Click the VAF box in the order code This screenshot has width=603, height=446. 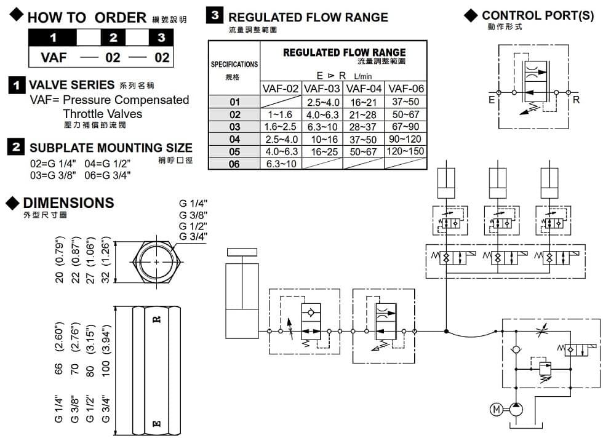tap(53, 58)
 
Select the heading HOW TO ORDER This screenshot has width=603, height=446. tap(86, 18)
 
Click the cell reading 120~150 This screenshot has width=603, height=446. tap(405, 151)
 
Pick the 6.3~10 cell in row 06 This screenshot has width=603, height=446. tap(281, 164)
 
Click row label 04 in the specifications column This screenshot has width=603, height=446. tap(234, 139)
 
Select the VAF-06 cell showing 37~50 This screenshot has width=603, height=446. tap(405, 102)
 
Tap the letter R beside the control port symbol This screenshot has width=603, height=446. tap(576, 99)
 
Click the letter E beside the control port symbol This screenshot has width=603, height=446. tap(493, 99)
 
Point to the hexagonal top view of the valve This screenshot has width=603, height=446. tap(157, 263)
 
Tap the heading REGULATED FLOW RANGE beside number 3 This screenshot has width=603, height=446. tap(308, 17)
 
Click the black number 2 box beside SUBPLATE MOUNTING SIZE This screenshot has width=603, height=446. tap(17, 147)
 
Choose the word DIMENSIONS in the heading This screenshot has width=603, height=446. tap(68, 203)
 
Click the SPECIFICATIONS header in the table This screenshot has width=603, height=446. tap(234, 64)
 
